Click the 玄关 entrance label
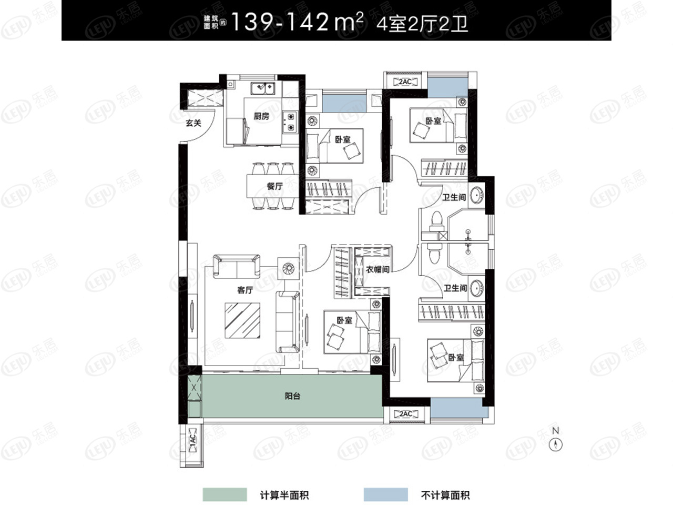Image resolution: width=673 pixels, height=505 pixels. click(193, 123)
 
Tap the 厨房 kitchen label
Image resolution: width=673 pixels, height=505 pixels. click(261, 116)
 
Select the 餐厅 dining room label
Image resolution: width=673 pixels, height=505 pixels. click(274, 186)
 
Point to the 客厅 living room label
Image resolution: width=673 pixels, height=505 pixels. click(245, 290)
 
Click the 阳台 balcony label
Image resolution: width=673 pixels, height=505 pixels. click(292, 396)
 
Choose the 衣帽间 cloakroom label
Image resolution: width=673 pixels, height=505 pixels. click(378, 269)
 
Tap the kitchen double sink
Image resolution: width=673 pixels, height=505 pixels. click(262, 88)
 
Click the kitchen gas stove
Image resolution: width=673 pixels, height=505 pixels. click(290, 122)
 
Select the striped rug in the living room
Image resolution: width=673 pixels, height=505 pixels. click(242, 320)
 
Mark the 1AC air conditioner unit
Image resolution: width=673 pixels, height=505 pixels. click(192, 443)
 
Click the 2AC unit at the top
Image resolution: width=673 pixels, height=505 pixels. click(405, 82)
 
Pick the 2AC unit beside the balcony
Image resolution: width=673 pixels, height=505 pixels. click(405, 414)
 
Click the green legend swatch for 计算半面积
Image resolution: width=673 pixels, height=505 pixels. click(225, 494)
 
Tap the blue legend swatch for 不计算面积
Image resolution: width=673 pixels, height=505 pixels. click(386, 494)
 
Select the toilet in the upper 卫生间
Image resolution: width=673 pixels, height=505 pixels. click(436, 222)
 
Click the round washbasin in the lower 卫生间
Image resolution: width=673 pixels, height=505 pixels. click(476, 288)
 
